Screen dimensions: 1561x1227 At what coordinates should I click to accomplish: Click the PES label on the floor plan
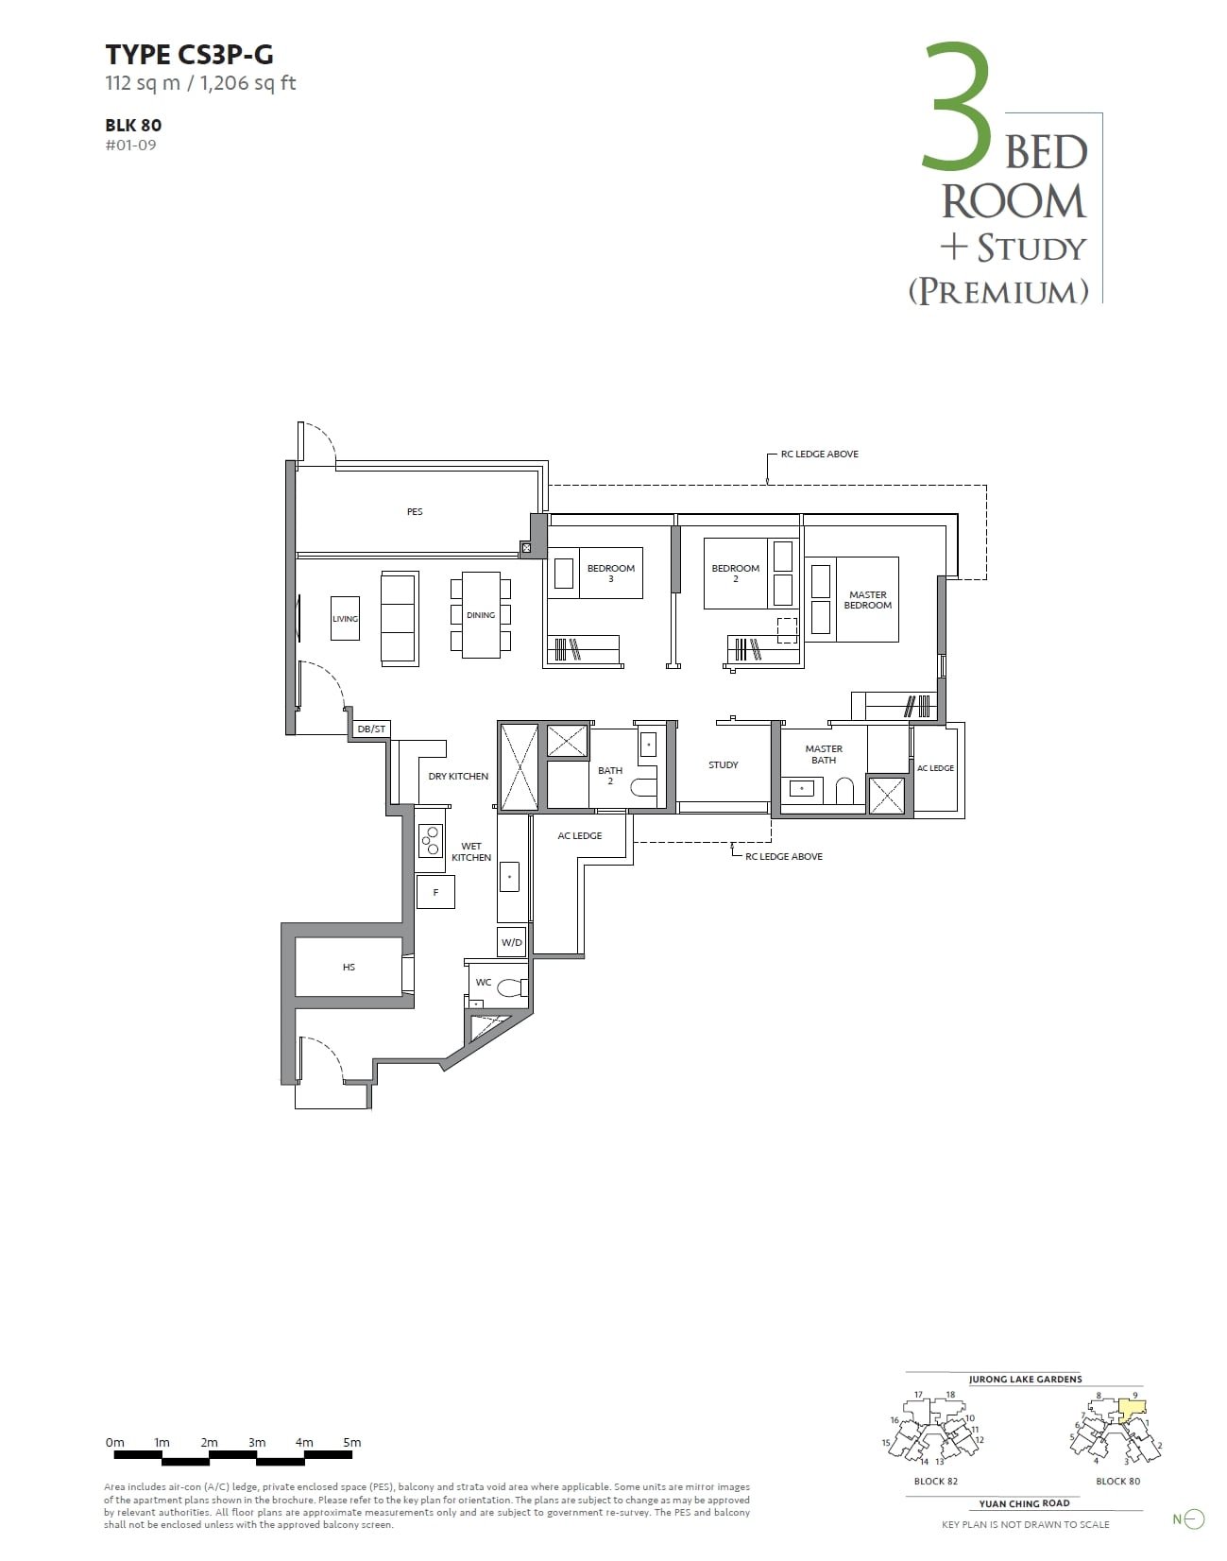(415, 511)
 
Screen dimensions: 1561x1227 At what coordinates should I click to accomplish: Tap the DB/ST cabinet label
(371, 729)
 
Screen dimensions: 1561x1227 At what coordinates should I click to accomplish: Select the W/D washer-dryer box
(512, 942)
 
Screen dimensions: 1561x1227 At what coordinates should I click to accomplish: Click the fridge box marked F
(435, 892)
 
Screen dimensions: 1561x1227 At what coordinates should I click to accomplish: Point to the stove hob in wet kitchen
(431, 839)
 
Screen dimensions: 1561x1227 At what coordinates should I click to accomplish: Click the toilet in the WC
(512, 988)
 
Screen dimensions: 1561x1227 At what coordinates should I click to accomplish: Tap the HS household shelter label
(349, 967)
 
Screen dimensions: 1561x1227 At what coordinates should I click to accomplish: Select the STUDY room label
(724, 764)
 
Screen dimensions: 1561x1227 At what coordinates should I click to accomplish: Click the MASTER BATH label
(824, 754)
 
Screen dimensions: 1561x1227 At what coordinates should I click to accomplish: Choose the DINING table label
(481, 615)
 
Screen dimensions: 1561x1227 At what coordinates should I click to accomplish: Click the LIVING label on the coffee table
(345, 619)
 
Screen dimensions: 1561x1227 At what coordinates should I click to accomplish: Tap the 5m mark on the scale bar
(351, 1442)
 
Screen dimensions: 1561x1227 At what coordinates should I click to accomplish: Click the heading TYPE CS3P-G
(189, 55)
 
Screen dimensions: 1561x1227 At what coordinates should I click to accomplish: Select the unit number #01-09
(131, 145)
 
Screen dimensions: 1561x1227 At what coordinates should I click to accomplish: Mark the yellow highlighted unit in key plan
(1132, 1409)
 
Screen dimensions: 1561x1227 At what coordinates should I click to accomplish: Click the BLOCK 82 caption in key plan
(935, 1481)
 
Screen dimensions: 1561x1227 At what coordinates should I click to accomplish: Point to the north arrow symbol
(1194, 1519)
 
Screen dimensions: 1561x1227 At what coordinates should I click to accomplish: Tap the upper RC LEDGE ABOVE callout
(819, 454)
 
